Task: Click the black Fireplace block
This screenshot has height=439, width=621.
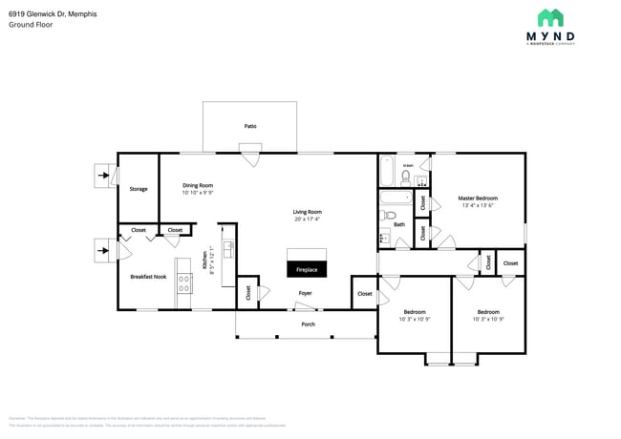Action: pyautogui.click(x=307, y=263)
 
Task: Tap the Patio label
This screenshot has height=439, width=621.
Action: pyautogui.click(x=250, y=126)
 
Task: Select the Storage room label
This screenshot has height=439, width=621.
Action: pyautogui.click(x=139, y=189)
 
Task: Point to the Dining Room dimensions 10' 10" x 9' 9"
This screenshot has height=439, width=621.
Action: pyautogui.click(x=197, y=193)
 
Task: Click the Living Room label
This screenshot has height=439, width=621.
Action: pyautogui.click(x=307, y=211)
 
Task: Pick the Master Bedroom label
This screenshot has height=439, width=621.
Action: pyautogui.click(x=478, y=199)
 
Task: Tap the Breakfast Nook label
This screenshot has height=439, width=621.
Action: pyautogui.click(x=148, y=277)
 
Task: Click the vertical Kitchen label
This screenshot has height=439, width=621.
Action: pyautogui.click(x=203, y=260)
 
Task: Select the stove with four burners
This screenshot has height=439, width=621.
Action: pyautogui.click(x=184, y=282)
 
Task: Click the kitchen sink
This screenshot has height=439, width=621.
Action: pyautogui.click(x=228, y=249)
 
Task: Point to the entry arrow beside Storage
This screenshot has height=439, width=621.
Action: pyautogui.click(x=101, y=176)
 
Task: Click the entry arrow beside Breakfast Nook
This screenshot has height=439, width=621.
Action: pyautogui.click(x=101, y=252)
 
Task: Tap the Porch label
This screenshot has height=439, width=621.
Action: pyautogui.click(x=308, y=324)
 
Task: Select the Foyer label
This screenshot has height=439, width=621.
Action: pyautogui.click(x=305, y=293)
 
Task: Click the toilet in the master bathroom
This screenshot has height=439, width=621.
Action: pyautogui.click(x=406, y=177)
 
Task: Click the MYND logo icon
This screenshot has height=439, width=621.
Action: pyautogui.click(x=550, y=18)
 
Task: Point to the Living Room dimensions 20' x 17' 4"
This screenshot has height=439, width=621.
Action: pyautogui.click(x=307, y=219)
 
